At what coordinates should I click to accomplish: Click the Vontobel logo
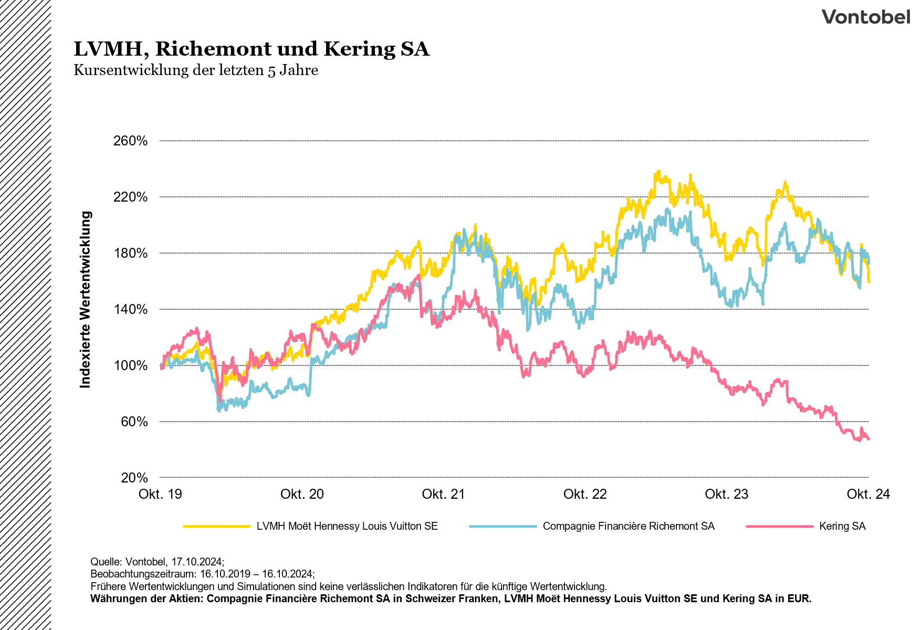tap(865, 17)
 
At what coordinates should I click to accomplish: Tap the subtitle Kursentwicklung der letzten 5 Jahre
tap(196, 70)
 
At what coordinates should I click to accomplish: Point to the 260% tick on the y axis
tap(131, 141)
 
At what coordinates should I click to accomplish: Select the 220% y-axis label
tap(131, 197)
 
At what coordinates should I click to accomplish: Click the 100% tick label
tap(131, 366)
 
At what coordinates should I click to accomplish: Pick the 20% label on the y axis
tap(134, 478)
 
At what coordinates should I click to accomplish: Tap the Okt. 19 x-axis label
tap(160, 494)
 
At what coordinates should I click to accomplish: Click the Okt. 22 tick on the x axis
tap(585, 494)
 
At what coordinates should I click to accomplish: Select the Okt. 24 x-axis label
tap(868, 494)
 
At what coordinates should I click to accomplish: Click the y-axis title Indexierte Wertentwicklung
tap(85, 299)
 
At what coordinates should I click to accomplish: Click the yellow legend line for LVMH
tap(217, 526)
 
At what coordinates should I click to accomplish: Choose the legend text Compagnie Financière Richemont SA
tap(629, 526)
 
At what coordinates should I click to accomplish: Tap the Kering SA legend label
tap(842, 526)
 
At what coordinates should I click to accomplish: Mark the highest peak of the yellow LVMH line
tap(658, 171)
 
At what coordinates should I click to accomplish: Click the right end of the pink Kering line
tap(868, 439)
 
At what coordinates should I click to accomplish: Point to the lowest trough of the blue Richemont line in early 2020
tap(219, 411)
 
